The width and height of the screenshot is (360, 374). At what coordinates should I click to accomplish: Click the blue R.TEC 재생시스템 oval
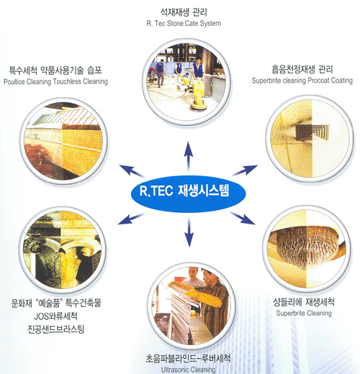[189, 194]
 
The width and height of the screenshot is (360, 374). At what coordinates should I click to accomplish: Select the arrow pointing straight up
[189, 156]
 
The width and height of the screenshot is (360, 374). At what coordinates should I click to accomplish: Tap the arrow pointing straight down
[189, 232]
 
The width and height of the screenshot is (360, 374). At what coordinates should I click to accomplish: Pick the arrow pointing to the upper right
[245, 170]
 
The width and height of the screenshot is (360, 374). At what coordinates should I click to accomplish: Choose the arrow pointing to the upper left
[132, 171]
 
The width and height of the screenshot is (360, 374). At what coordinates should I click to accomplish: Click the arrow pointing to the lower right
[242, 218]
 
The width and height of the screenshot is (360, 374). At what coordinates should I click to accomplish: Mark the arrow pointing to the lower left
[131, 219]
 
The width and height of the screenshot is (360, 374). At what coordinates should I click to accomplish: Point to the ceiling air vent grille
[312, 132]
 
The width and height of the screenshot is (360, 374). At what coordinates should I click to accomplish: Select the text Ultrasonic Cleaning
[188, 370]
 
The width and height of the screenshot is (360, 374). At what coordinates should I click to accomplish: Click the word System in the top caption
[210, 24]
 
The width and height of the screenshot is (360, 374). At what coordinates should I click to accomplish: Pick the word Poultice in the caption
[14, 81]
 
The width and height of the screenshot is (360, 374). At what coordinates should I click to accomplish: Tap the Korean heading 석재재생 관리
[184, 12]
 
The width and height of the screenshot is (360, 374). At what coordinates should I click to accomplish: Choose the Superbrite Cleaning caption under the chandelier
[304, 313]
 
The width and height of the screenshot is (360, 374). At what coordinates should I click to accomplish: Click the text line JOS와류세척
[55, 316]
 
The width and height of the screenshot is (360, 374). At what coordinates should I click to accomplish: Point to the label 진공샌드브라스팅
[56, 329]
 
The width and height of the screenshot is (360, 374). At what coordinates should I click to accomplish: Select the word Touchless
[67, 81]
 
